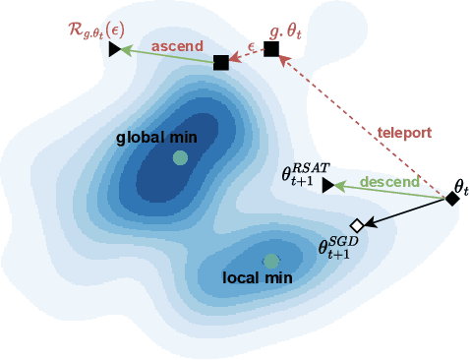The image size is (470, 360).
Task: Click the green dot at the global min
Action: point(180,157)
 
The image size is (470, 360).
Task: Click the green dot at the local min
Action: point(270,261)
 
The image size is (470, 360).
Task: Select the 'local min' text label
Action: point(260,277)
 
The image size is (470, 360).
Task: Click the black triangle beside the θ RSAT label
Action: point(327,185)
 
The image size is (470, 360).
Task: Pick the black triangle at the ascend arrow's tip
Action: point(115,49)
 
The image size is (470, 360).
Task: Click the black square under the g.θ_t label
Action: point(271,49)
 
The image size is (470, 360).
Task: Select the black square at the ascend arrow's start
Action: point(221,63)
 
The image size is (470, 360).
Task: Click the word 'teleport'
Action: point(405,132)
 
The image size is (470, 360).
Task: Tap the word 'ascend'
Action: point(177,45)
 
